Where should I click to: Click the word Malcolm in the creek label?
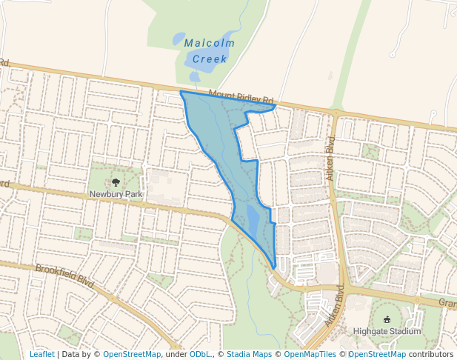click(x=210, y=43)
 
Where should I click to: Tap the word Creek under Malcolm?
click(x=210, y=59)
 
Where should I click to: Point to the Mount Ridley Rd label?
click(x=241, y=96)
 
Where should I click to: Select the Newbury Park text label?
click(x=115, y=194)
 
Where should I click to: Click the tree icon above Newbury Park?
click(x=115, y=182)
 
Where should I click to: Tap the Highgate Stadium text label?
click(x=387, y=331)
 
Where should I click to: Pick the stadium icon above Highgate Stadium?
click(x=387, y=319)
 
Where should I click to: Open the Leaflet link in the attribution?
click(x=42, y=354)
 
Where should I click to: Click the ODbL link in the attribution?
click(x=201, y=354)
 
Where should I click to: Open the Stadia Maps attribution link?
click(x=248, y=354)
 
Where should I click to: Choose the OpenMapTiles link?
click(x=310, y=354)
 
